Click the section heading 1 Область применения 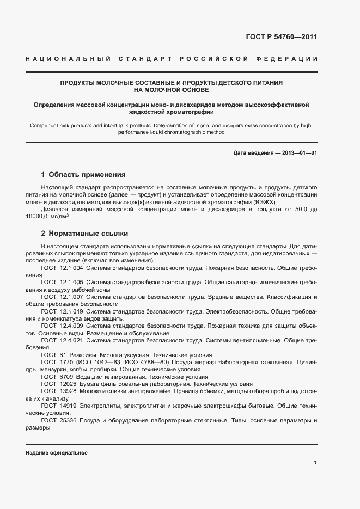(84, 175)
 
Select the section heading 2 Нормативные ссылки (85, 234)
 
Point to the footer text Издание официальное (57, 453)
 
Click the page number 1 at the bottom (315, 463)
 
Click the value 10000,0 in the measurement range (37, 217)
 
